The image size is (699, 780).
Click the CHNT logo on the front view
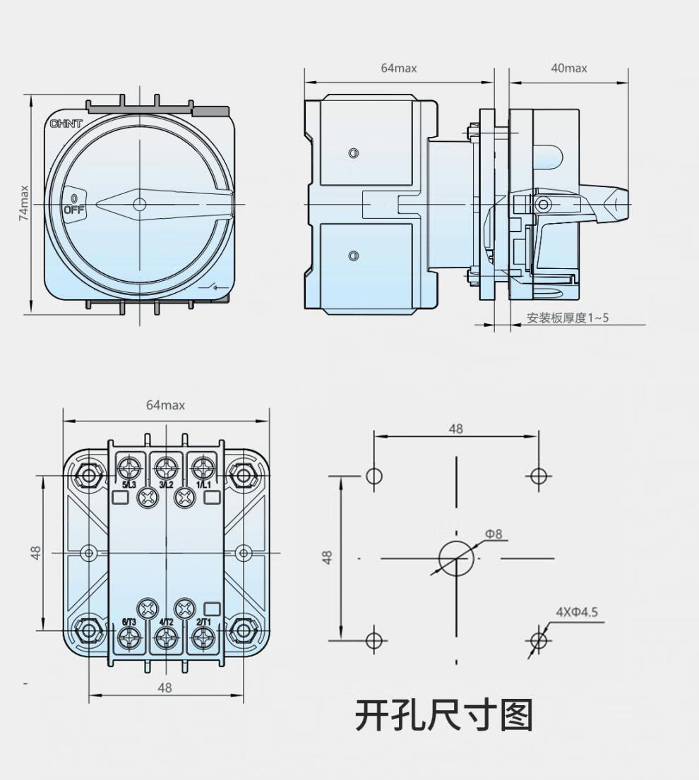coord(66,124)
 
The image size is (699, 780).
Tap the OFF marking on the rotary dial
coord(73,210)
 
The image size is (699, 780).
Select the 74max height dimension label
coord(24,203)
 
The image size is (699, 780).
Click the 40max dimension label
coord(568,68)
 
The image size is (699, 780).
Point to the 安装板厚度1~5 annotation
coord(568,318)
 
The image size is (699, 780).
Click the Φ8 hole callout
coord(494,534)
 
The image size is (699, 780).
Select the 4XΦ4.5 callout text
coord(576,612)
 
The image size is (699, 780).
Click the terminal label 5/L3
coord(129,485)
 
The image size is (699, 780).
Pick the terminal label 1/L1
coord(203,485)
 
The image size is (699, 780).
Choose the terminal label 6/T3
coord(129,622)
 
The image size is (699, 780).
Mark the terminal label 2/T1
coord(203,622)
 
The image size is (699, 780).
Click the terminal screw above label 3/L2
coord(166,467)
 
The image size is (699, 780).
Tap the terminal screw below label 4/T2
coord(166,639)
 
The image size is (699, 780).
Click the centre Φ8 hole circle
coord(455,558)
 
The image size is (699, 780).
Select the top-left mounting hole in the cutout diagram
coord(374,476)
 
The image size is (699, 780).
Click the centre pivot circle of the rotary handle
coord(139,204)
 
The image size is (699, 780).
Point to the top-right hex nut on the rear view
coord(244,475)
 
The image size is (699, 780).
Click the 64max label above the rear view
coord(165,405)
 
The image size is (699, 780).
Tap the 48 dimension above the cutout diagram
coord(455,428)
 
